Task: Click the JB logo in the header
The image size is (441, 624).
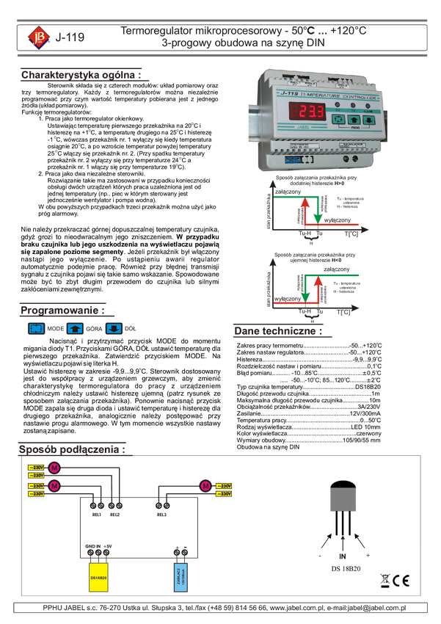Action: [x=35, y=37]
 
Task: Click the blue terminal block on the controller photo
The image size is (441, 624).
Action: [x=293, y=159]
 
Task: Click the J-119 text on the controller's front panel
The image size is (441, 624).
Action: [x=270, y=94]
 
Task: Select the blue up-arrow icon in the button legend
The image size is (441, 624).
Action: [x=74, y=328]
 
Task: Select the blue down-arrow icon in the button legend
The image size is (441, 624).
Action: [x=114, y=328]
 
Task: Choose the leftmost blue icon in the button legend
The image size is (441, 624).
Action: [x=36, y=328]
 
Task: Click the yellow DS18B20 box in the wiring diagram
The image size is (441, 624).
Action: [x=98, y=578]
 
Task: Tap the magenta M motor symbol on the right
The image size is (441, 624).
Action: [x=205, y=485]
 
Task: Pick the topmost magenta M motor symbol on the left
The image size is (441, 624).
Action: [x=54, y=468]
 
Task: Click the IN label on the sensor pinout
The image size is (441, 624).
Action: [x=342, y=556]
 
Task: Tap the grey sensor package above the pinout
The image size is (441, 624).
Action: [x=343, y=500]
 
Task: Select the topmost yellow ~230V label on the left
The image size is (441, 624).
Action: [x=36, y=468]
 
